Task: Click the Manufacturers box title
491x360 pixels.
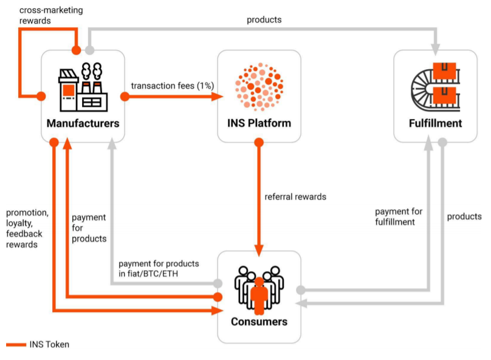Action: click(83, 123)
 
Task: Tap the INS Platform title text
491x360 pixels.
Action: click(259, 123)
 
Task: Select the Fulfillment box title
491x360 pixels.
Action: click(435, 123)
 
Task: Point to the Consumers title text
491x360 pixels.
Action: click(259, 322)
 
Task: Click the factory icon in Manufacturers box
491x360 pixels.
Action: click(83, 87)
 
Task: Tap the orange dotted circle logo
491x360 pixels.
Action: click(259, 87)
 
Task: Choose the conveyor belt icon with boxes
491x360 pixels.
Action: click(435, 87)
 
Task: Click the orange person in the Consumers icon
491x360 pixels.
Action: click(259, 296)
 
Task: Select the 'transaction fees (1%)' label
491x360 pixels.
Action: click(172, 86)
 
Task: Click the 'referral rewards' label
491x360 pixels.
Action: click(295, 197)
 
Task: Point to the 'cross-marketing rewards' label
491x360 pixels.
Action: click(51, 15)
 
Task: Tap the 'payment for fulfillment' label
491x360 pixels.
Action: click(399, 217)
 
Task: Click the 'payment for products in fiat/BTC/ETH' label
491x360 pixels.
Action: click(159, 269)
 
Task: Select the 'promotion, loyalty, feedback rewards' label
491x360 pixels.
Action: click(27, 228)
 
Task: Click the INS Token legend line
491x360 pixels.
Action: click(16, 345)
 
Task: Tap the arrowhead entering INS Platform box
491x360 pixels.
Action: click(218, 97)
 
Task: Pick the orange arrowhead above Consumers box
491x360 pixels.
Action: click(259, 250)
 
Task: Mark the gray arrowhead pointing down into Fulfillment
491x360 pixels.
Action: click(435, 49)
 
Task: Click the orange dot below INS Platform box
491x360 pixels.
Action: click(259, 143)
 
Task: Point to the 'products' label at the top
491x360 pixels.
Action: click(264, 19)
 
